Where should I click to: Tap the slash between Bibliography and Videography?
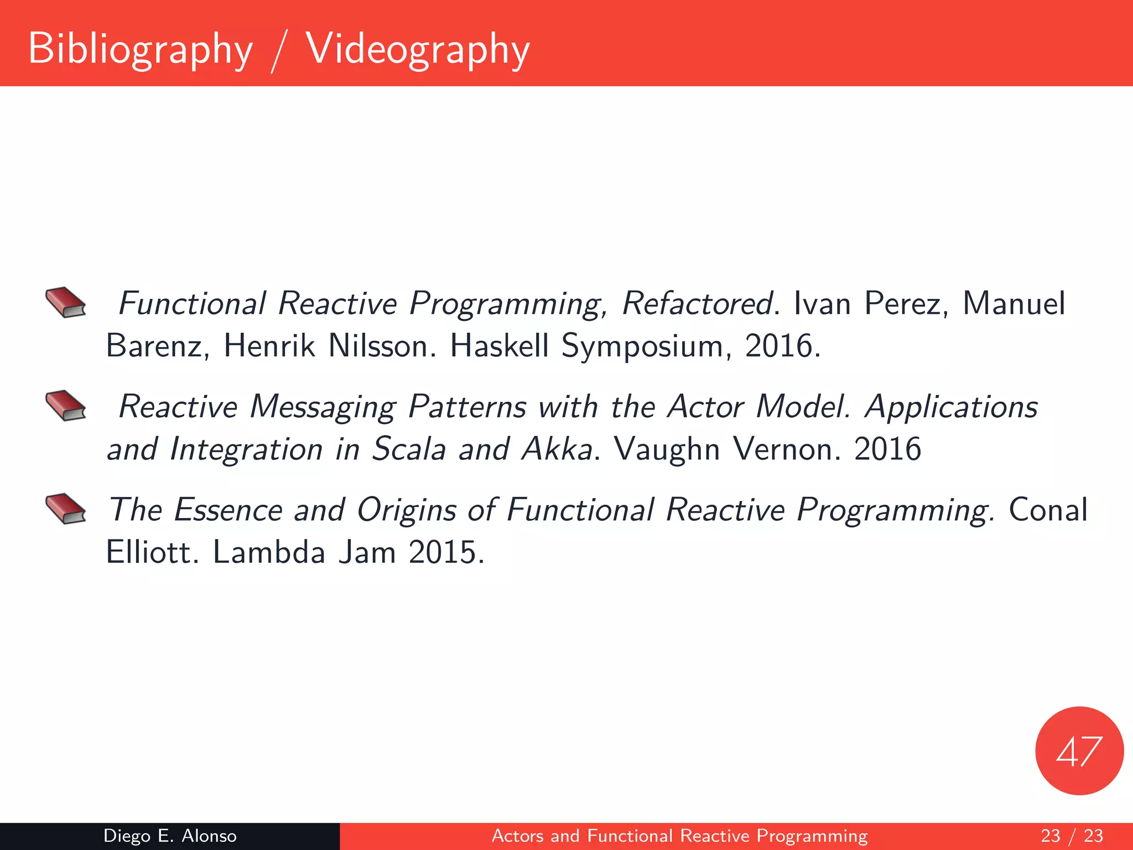279,51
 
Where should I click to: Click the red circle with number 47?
1079,751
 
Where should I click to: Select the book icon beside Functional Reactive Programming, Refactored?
66,302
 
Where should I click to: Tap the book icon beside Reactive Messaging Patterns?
66,405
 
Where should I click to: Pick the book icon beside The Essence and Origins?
66,509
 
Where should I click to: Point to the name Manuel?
1014,303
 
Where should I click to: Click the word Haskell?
499,346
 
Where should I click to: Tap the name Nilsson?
378,346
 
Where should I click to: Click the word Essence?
228,510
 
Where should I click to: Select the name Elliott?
149,552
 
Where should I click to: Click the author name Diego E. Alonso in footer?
170,836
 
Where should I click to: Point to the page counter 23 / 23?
1072,836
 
